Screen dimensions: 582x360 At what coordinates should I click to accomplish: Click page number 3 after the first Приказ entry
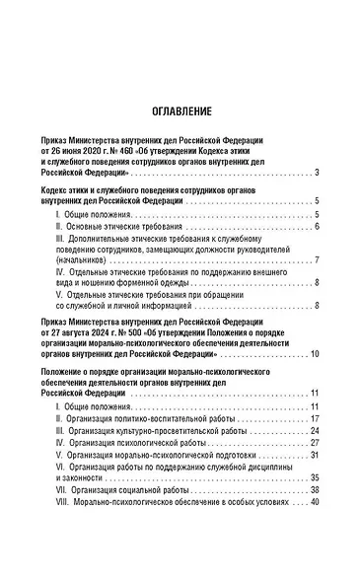[x=316, y=174]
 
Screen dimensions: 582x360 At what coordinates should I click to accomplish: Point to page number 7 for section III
[x=316, y=259]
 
